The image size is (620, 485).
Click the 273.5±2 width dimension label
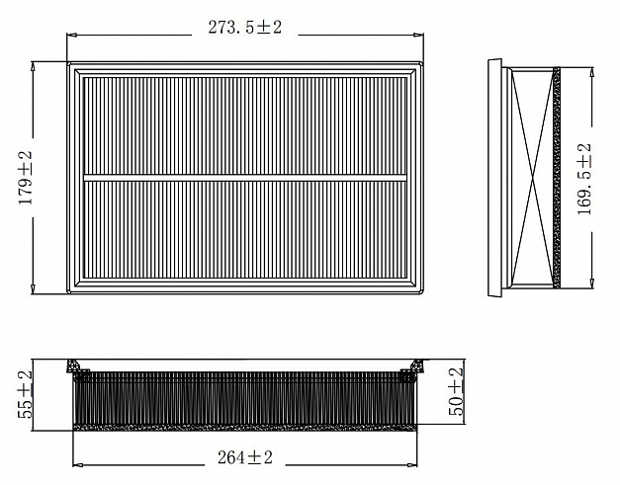tap(245, 28)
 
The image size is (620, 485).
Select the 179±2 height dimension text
tap(26, 178)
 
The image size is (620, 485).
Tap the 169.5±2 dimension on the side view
tap(584, 179)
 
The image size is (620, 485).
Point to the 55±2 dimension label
tap(26, 394)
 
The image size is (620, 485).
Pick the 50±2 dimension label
tap(456, 391)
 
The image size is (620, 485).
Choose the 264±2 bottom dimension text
tap(245, 457)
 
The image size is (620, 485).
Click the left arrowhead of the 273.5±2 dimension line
tap(72, 36)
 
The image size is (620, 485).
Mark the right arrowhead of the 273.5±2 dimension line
tap(418, 36)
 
